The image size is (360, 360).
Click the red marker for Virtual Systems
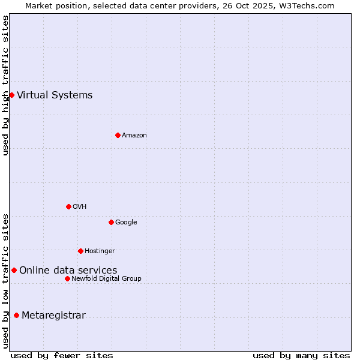(11, 95)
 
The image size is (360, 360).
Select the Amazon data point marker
(118, 135)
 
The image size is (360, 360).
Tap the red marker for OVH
(68, 206)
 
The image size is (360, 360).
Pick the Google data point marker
(111, 222)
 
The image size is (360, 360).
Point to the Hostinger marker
(80, 251)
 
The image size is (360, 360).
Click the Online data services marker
(14, 270)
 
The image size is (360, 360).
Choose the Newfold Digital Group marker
(67, 278)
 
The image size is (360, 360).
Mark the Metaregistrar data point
(16, 316)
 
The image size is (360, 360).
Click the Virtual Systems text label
(55, 95)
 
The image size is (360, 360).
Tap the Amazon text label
(134, 135)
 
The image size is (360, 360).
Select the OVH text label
(80, 206)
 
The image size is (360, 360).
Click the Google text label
(126, 222)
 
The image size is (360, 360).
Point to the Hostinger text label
(100, 251)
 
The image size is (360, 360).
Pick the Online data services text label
(68, 270)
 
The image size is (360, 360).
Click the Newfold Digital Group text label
(106, 278)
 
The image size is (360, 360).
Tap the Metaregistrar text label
(53, 316)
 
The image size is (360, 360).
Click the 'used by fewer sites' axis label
(62, 355)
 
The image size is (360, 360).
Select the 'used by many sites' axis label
(301, 355)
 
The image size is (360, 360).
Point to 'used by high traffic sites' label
(5, 85)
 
